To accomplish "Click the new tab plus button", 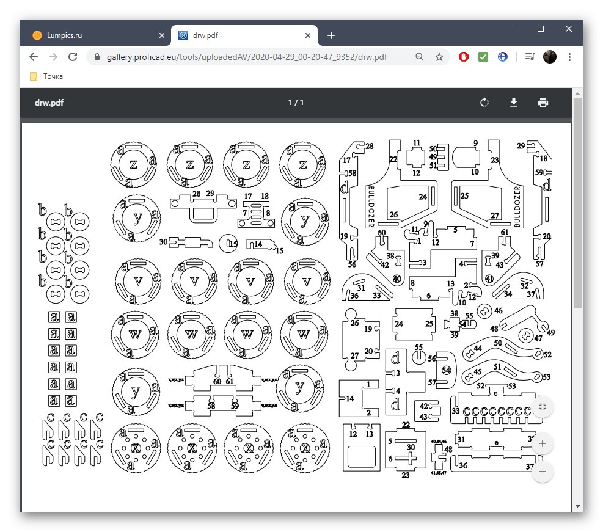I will click(x=331, y=35).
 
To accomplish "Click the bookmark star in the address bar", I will click(x=439, y=57).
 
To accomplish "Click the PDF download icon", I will click(x=514, y=103).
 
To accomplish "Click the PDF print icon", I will click(x=543, y=103).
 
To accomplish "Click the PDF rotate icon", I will click(x=484, y=103).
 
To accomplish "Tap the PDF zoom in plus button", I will click(x=543, y=443).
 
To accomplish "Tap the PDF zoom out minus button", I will click(x=543, y=472).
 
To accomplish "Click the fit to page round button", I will click(x=543, y=407).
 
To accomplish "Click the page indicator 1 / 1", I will click(x=296, y=103).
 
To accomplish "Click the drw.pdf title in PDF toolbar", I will click(x=49, y=103).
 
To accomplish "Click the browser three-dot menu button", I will click(x=569, y=57).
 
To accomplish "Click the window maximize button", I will click(x=541, y=29).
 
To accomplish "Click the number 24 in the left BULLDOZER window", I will click(x=422, y=197).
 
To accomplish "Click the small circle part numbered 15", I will click(x=227, y=243).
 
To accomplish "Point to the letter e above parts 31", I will click(x=496, y=441).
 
